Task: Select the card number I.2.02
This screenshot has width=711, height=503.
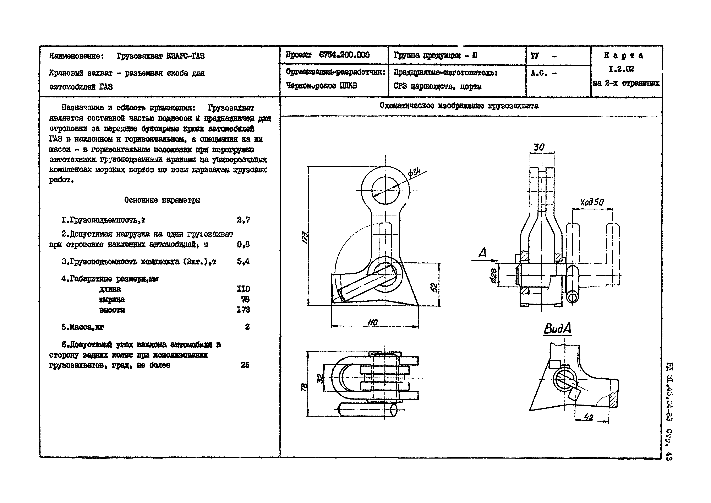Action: point(621,69)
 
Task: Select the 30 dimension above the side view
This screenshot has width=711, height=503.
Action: point(539,147)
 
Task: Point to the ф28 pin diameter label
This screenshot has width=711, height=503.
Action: point(494,275)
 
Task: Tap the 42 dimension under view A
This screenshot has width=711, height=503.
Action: point(588,417)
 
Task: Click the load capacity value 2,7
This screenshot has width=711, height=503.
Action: point(243,220)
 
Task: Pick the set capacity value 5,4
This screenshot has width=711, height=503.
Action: point(243,262)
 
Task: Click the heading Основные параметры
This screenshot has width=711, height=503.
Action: point(162,200)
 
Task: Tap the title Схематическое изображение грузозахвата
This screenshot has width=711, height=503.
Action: point(459,106)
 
